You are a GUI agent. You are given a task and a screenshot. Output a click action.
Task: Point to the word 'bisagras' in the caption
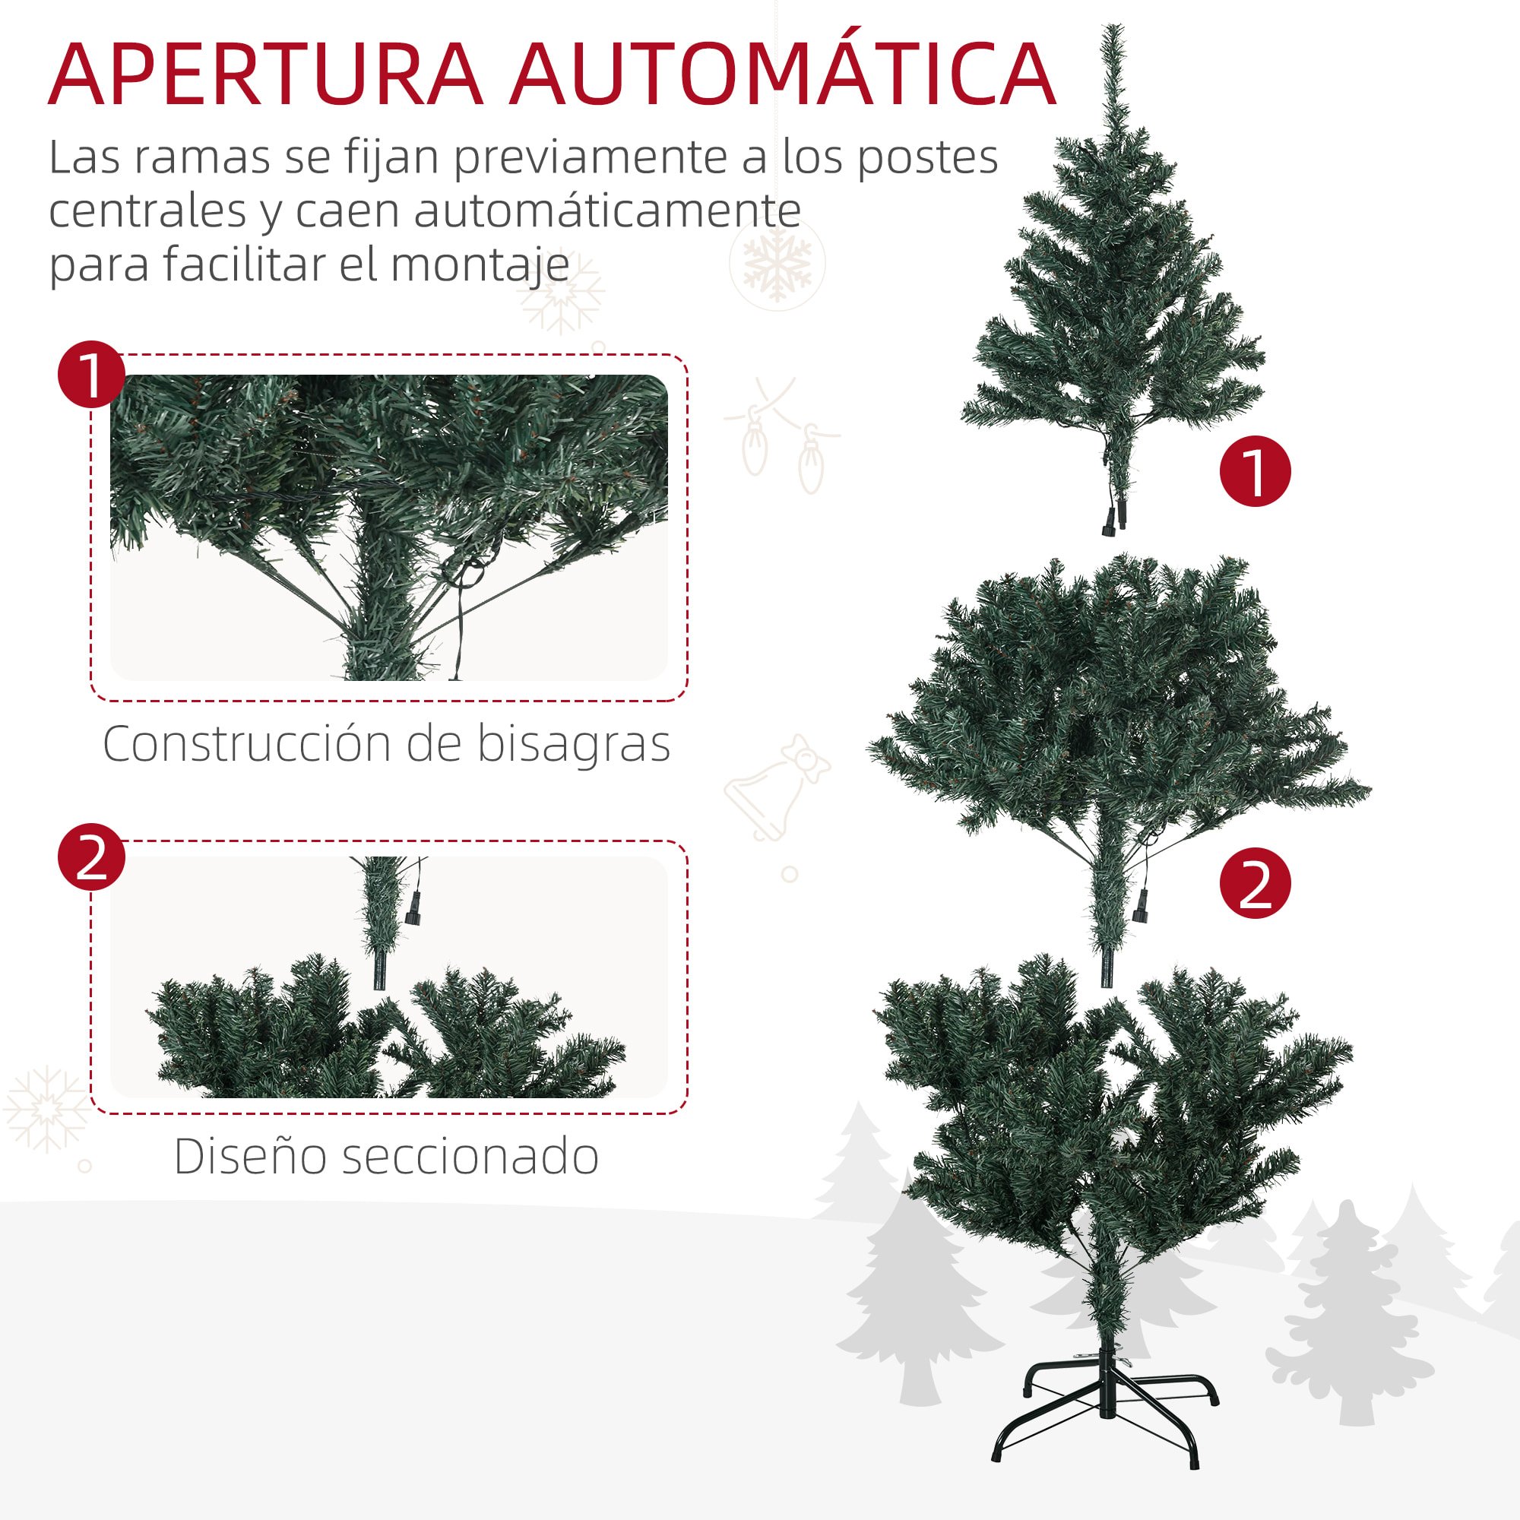click(x=574, y=744)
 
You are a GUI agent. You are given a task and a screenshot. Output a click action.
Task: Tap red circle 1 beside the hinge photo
click(x=91, y=375)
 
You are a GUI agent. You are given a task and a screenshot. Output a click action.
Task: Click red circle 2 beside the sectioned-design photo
click(x=91, y=857)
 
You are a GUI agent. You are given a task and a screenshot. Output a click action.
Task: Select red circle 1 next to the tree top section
click(x=1255, y=470)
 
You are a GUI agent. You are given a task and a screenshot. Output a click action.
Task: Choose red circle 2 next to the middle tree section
click(x=1255, y=882)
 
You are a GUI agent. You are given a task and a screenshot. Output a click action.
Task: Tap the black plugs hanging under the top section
click(x=1115, y=519)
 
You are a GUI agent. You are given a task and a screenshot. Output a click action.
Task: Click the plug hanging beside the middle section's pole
click(x=1140, y=909)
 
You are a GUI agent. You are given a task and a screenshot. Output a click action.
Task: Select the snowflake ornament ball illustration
click(x=777, y=263)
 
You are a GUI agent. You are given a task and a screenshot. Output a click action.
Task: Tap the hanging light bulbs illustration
click(x=783, y=441)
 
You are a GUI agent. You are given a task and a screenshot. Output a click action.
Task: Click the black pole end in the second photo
click(x=380, y=971)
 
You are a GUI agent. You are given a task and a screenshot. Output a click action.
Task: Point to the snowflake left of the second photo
click(x=47, y=1110)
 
